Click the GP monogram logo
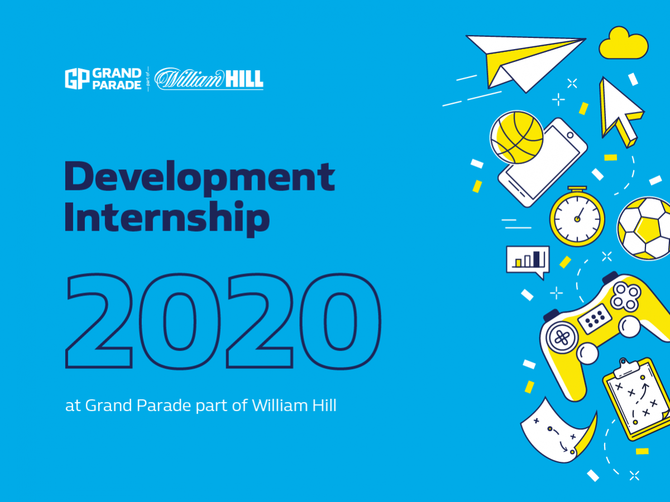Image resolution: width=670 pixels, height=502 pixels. [77, 79]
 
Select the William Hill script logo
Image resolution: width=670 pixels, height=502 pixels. [209, 79]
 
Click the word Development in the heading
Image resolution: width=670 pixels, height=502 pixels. [200, 178]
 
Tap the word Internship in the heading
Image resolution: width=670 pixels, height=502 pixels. [167, 218]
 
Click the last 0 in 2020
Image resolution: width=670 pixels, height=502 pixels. [341, 321]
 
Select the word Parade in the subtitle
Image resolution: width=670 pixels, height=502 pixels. [164, 405]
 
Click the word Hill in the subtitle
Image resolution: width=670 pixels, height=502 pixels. [324, 405]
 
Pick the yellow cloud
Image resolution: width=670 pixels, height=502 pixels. [624, 43]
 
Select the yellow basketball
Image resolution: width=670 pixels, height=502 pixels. [517, 137]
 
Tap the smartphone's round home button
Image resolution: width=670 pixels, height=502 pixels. [570, 135]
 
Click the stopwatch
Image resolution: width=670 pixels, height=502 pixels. [577, 216]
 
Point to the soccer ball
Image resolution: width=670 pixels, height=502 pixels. [644, 228]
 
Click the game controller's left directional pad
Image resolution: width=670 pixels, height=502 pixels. [562, 337]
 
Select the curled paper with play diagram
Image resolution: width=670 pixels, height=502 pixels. [558, 431]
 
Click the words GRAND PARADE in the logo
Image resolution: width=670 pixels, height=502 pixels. [117, 79]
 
